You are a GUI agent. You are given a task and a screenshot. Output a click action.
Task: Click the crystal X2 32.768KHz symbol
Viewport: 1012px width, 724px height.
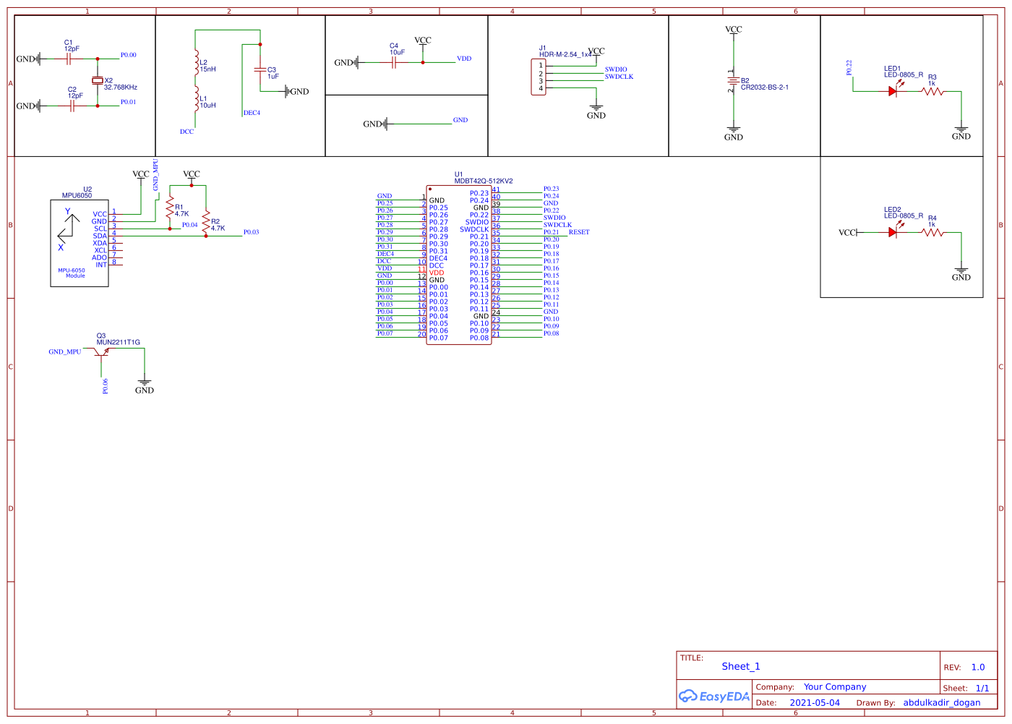coord(97,81)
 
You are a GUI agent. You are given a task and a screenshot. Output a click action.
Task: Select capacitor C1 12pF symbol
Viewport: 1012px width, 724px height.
coord(69,59)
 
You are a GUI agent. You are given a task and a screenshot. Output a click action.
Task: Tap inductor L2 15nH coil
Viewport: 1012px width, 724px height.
coord(196,64)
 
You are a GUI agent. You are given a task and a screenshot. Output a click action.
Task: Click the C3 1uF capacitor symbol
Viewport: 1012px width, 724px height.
coord(260,70)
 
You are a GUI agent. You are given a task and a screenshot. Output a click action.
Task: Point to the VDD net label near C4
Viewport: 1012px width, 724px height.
coord(464,59)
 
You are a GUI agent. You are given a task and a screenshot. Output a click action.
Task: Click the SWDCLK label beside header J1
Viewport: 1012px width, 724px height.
coord(619,77)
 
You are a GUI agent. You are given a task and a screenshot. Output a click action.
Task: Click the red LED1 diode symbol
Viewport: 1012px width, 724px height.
coord(893,91)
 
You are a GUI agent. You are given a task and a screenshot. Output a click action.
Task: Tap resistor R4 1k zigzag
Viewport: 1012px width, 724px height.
coord(932,233)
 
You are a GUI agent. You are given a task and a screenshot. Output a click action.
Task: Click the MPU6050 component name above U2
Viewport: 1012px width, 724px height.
coord(77,195)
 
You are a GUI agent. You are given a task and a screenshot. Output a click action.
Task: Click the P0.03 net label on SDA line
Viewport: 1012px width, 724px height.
coord(251,232)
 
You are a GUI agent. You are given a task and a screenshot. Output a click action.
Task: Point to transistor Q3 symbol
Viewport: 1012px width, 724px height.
coord(102,352)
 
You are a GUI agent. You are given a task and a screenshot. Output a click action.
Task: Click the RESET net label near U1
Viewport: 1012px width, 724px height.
coord(579,232)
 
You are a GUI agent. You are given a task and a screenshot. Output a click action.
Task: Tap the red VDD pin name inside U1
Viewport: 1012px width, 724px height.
coord(437,273)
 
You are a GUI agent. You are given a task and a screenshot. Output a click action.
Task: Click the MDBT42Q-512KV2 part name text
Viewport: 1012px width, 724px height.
coord(484,181)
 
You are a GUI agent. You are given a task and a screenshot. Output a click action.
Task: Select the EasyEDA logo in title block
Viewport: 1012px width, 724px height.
coord(714,697)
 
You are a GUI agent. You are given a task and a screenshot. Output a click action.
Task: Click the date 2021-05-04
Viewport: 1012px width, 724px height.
coord(815,702)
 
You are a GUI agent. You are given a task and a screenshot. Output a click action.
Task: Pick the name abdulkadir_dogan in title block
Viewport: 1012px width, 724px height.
coord(941,702)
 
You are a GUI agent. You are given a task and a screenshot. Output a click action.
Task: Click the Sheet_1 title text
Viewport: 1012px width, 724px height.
coord(740,666)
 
